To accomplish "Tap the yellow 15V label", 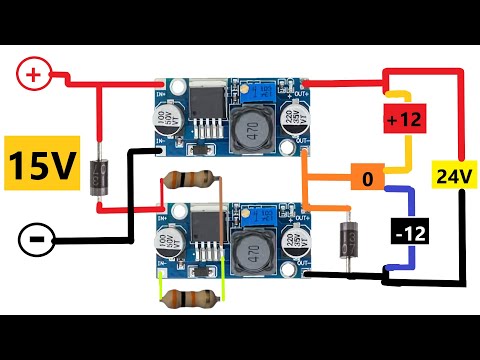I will click(42, 164).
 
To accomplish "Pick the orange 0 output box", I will click(368, 179).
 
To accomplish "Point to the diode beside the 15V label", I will click(97, 176).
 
